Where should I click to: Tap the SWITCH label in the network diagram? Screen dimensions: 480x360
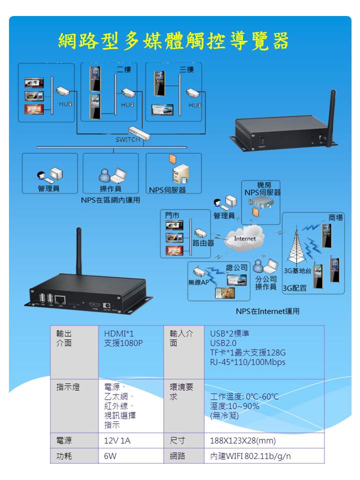(127, 139)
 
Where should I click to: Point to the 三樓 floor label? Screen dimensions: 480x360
(186, 69)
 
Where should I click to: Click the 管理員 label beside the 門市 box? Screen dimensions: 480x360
(224, 215)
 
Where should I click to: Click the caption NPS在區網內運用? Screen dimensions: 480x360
(110, 200)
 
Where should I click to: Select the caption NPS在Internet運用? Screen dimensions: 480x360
(267, 311)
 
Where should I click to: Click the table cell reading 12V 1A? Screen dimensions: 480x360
(117, 441)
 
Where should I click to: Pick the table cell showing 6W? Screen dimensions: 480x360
(110, 456)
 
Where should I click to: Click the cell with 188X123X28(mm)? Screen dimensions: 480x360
(242, 441)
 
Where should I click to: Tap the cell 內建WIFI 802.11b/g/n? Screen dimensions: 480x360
(250, 456)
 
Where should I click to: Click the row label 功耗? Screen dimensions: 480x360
(64, 456)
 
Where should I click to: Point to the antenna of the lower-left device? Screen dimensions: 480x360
(78, 250)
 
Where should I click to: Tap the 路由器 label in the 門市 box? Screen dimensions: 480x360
(203, 242)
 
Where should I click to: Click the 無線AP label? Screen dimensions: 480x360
(198, 282)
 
